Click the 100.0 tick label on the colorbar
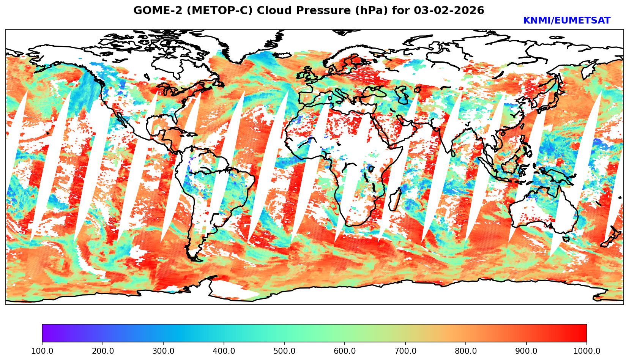click(42, 351)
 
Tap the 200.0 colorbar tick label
click(102, 351)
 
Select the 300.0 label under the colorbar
click(163, 351)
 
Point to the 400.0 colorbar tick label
click(224, 351)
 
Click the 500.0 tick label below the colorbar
click(284, 351)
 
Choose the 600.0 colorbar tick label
click(345, 351)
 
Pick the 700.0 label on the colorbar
click(405, 351)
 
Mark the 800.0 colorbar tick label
click(466, 351)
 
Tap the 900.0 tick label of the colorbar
click(527, 351)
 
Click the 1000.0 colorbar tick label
click(587, 351)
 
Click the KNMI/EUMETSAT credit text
click(566, 21)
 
